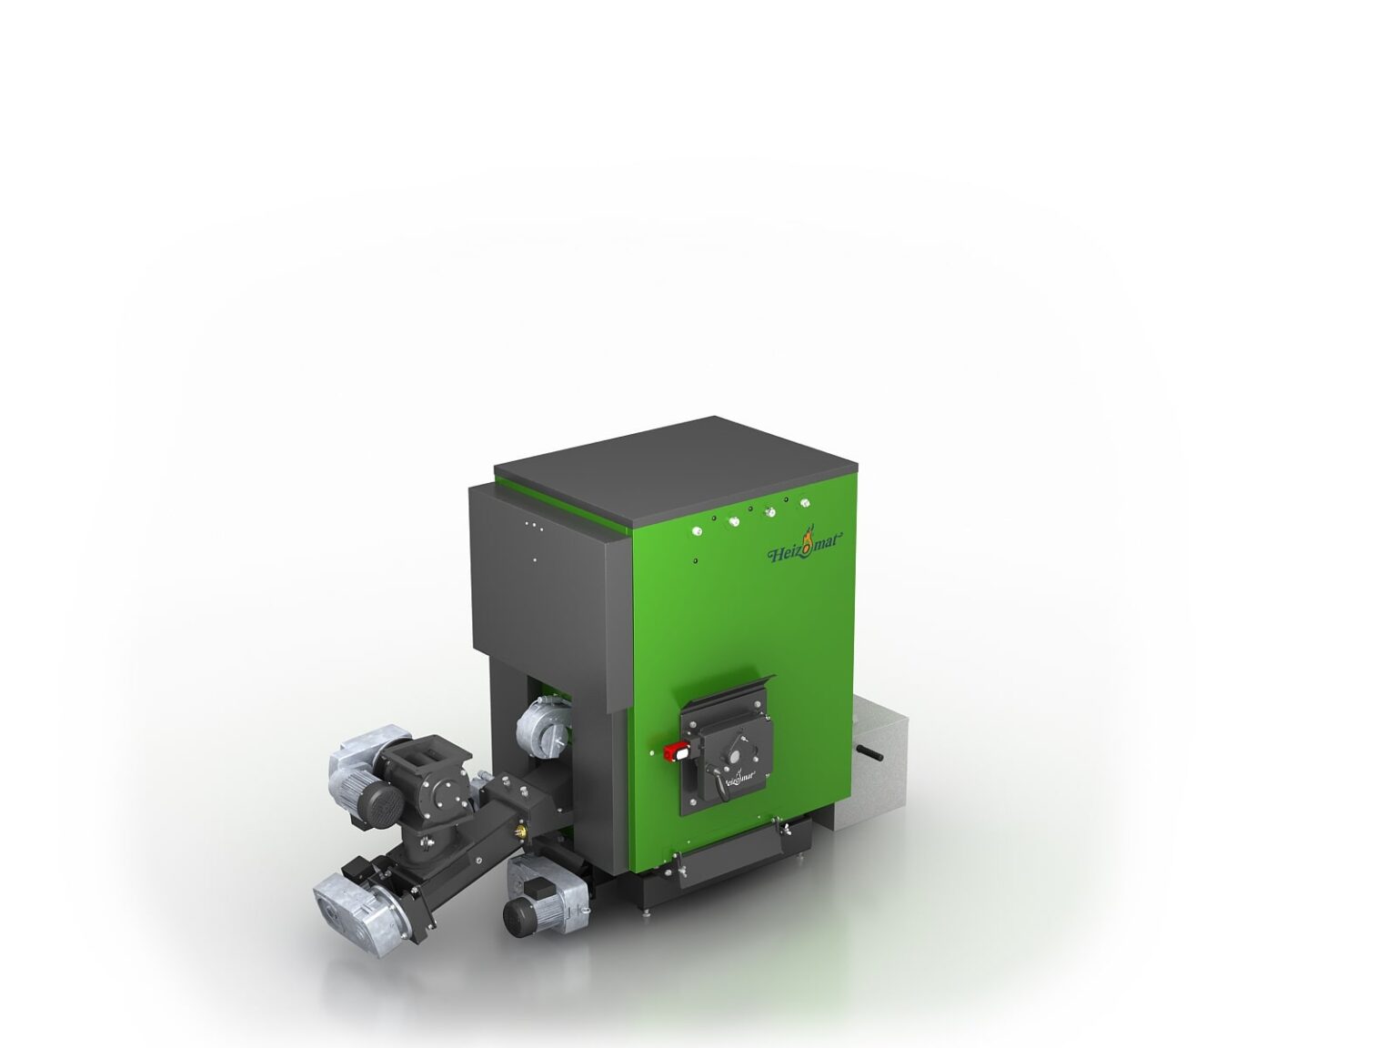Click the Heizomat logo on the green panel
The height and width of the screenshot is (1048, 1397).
[806, 551]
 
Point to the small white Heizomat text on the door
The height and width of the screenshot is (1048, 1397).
[739, 776]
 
